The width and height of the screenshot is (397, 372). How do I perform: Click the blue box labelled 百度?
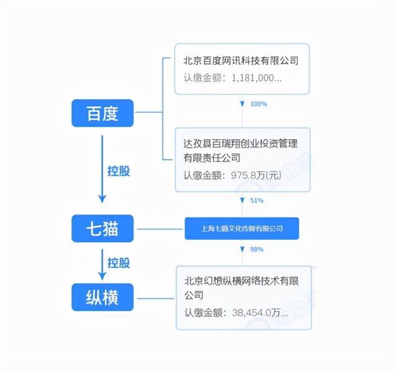click(102, 113)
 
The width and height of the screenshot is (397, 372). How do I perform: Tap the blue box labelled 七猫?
click(102, 229)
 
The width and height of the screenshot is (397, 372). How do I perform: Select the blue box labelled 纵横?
click(102, 299)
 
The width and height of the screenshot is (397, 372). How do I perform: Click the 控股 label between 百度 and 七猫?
click(118, 171)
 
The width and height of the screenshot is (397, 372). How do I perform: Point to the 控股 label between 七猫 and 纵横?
click(118, 263)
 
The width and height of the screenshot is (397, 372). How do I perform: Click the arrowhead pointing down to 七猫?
click(102, 198)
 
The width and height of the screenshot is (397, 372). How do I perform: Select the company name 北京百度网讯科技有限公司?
click(241, 61)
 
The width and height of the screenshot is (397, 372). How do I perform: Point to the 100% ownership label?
click(259, 104)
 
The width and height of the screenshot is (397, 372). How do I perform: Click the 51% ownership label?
click(257, 201)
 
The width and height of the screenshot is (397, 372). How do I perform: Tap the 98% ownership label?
click(257, 249)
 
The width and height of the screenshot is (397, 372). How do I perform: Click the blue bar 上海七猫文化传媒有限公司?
click(242, 229)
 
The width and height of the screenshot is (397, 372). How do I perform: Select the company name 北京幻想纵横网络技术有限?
click(241, 280)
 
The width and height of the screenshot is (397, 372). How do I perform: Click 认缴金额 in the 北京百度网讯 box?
click(203, 79)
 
